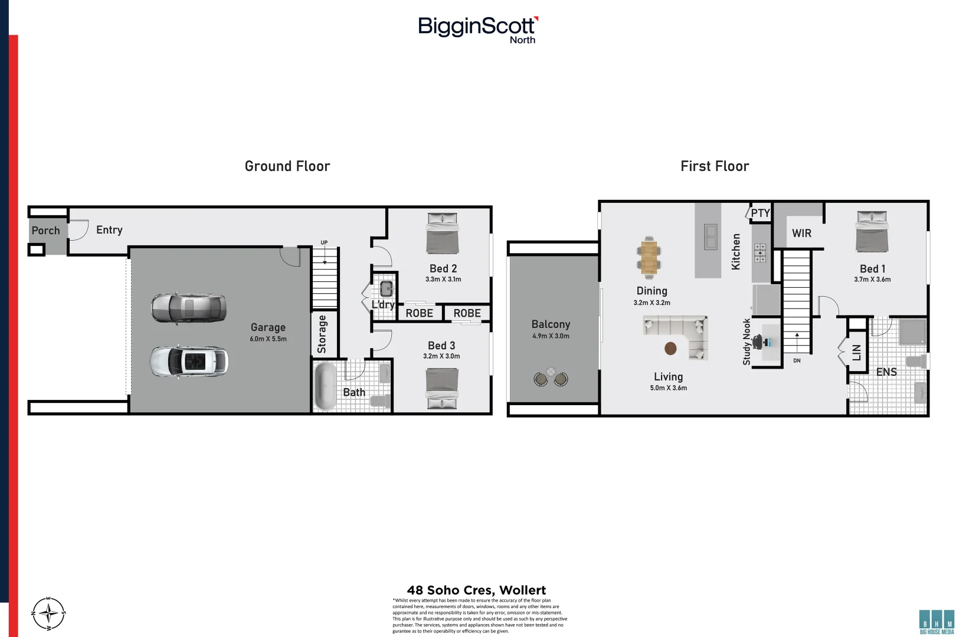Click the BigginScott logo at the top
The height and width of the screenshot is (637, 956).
(x=477, y=28)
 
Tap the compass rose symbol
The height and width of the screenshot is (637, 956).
(x=48, y=613)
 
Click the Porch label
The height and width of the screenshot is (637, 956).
(x=45, y=231)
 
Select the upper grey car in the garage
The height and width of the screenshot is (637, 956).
(x=188, y=308)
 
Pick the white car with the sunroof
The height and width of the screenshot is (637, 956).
(x=188, y=362)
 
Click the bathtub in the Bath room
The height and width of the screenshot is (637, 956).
(x=325, y=386)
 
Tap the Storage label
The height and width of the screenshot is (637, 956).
(x=322, y=334)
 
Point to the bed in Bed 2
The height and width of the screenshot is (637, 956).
(x=443, y=234)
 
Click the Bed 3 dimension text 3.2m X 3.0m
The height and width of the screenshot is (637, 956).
(x=441, y=356)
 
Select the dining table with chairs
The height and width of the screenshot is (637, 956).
(x=649, y=258)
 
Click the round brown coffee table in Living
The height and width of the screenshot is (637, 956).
(x=670, y=349)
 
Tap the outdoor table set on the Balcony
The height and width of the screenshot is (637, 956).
(x=550, y=377)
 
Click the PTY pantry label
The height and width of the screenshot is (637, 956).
(x=760, y=213)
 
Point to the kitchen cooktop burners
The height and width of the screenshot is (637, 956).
(x=760, y=253)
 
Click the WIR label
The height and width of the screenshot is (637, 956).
(x=801, y=234)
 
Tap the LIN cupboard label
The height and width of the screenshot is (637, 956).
(x=856, y=353)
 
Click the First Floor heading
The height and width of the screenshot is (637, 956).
(x=715, y=166)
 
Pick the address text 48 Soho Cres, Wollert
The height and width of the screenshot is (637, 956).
(x=476, y=590)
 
